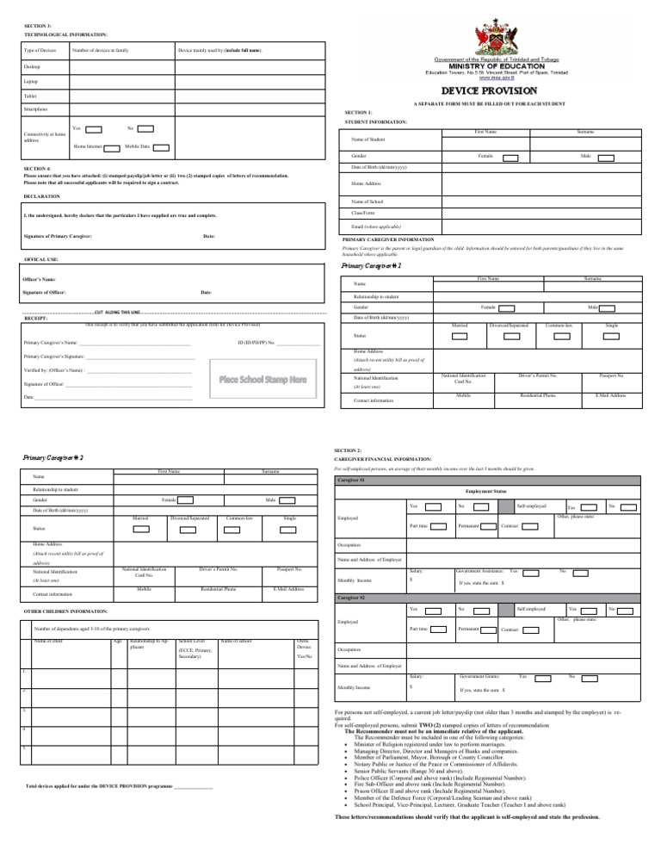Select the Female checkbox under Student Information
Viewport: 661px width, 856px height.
pyautogui.click(x=510, y=158)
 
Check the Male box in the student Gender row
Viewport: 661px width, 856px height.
pyautogui.click(x=605, y=158)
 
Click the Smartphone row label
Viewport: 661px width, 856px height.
pyautogui.click(x=36, y=110)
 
